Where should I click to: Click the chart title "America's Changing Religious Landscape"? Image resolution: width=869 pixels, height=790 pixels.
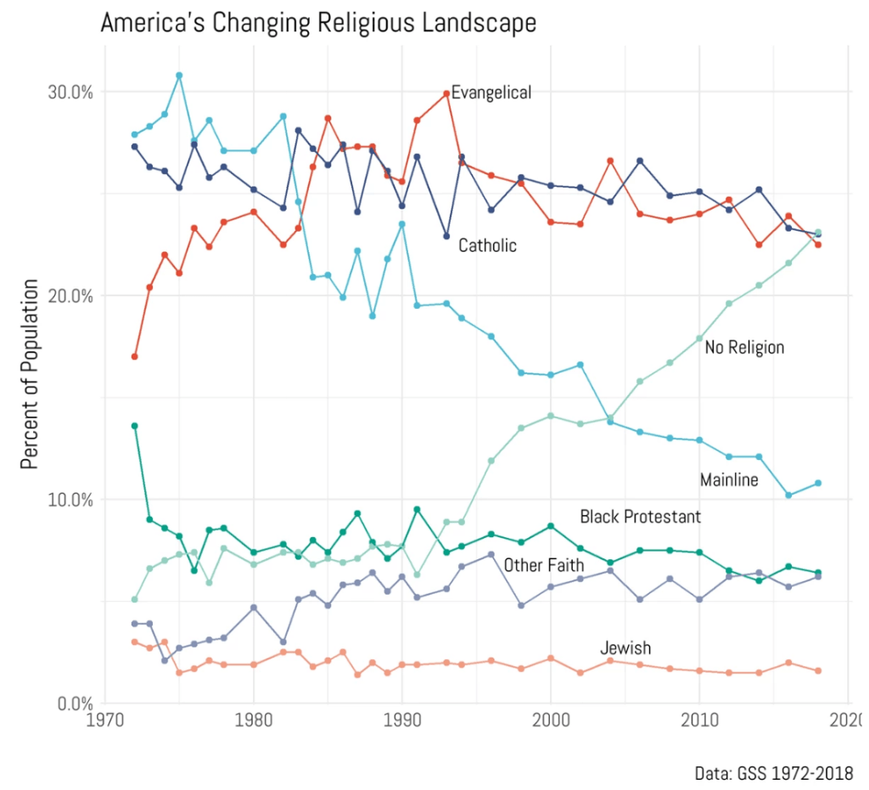click(318, 23)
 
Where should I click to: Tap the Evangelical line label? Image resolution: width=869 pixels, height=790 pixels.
click(491, 92)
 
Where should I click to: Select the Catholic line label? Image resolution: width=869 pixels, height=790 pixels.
click(487, 246)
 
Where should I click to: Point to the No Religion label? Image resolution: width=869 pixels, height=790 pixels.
click(744, 347)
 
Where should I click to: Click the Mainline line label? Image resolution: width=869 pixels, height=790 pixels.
click(729, 480)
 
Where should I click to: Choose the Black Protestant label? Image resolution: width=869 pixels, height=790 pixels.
click(640, 517)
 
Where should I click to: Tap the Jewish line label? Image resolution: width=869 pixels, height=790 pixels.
click(625, 648)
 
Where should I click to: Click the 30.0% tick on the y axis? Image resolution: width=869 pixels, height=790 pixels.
click(68, 92)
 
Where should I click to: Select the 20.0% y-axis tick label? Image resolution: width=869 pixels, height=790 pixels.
click(68, 296)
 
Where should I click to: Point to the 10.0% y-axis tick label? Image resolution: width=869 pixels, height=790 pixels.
click(68, 500)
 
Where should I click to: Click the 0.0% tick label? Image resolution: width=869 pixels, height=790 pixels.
click(72, 703)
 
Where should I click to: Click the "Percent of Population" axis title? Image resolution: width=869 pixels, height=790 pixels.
click(31, 373)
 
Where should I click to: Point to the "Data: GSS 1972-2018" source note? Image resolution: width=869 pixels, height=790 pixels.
click(773, 773)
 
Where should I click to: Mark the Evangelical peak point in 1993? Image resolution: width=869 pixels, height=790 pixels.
click(446, 93)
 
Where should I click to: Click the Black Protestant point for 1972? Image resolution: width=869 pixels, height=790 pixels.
click(134, 426)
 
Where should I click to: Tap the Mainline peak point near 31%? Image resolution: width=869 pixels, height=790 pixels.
click(179, 76)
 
